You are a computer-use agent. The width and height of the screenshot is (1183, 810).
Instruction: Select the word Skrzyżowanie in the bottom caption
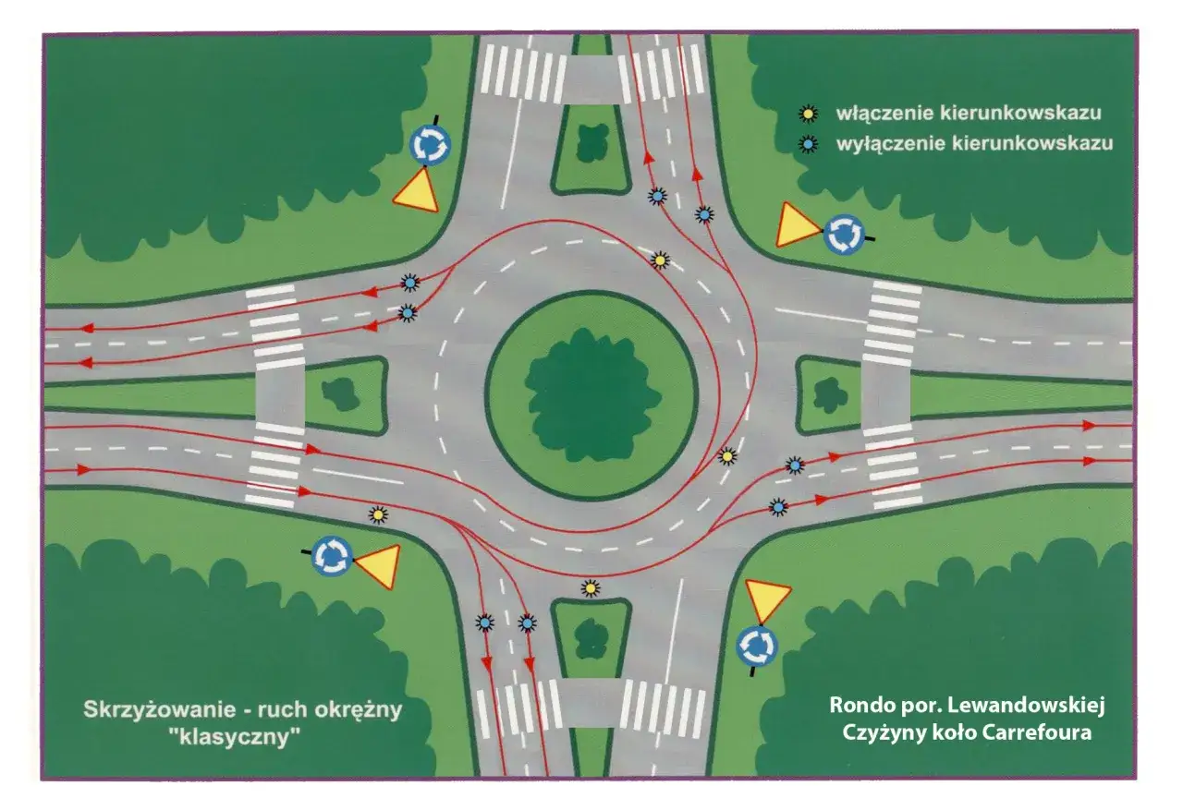pyautogui.click(x=159, y=710)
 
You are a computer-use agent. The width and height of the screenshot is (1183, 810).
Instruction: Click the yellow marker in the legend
pyautogui.click(x=809, y=114)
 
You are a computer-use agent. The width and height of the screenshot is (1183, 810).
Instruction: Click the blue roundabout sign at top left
pyautogui.click(x=430, y=145)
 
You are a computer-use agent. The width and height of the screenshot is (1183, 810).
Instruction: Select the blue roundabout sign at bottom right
pyautogui.click(x=757, y=646)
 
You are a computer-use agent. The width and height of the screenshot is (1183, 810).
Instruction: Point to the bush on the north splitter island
pyautogui.click(x=592, y=142)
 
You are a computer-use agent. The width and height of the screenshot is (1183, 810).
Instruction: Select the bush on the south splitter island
pyautogui.click(x=591, y=638)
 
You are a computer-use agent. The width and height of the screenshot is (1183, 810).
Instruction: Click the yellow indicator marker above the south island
pyautogui.click(x=591, y=587)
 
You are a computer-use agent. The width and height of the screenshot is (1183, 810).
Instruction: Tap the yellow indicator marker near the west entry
pyautogui.click(x=378, y=514)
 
